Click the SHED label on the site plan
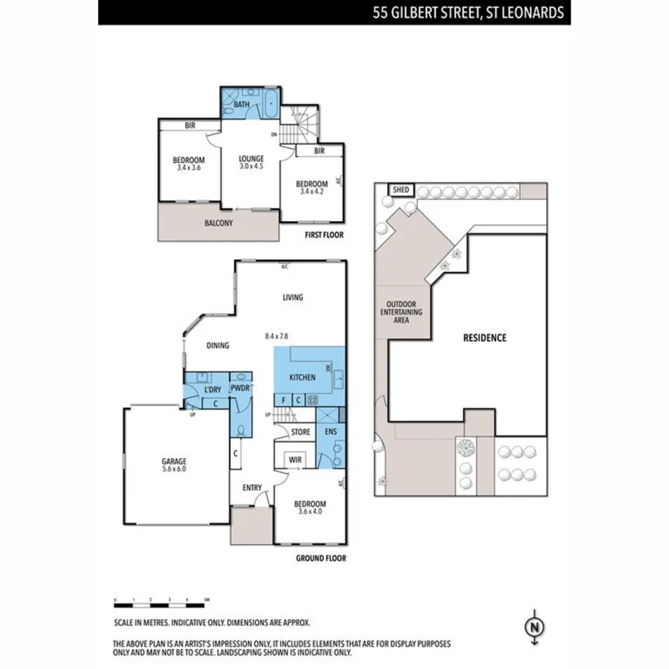click(401, 190)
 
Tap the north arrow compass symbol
click(533, 627)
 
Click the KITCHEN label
click(302, 378)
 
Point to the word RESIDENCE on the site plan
click(485, 337)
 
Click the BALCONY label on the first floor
click(218, 223)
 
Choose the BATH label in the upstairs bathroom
click(241, 105)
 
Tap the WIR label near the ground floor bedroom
click(294, 459)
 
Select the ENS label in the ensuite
click(330, 432)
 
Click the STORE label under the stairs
click(301, 432)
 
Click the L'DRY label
click(212, 389)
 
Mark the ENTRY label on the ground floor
click(252, 488)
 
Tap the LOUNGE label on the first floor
click(252, 159)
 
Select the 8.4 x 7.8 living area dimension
click(276, 335)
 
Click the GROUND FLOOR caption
click(321, 558)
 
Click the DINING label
click(217, 345)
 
